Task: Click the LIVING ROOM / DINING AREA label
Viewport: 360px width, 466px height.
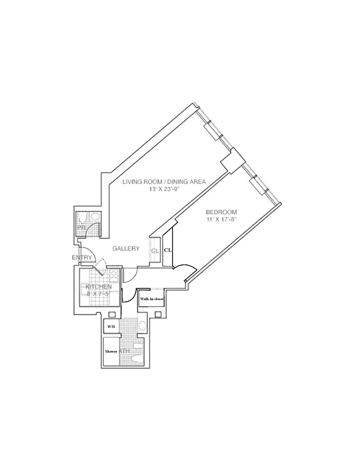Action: [x=164, y=182]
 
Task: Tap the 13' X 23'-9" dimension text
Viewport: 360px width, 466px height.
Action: [x=164, y=189]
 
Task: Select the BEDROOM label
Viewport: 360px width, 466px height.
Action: [x=222, y=211]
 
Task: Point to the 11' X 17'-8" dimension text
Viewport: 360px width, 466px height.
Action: [x=222, y=219]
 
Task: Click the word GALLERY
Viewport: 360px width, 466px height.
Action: [x=126, y=249]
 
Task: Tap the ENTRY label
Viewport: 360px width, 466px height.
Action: [x=82, y=257]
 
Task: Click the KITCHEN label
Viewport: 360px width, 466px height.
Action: [x=100, y=287]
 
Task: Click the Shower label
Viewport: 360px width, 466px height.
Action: [x=111, y=352]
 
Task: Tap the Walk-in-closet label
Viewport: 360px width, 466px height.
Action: [x=151, y=299]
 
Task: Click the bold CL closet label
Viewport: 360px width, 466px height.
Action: [x=168, y=249]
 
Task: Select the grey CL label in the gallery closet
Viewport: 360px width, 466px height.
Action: [x=155, y=251]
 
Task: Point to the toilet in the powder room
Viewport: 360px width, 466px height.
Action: [x=93, y=217]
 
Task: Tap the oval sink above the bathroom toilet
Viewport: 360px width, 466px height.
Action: [x=142, y=326]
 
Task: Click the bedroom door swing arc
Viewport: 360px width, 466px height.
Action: [x=185, y=269]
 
